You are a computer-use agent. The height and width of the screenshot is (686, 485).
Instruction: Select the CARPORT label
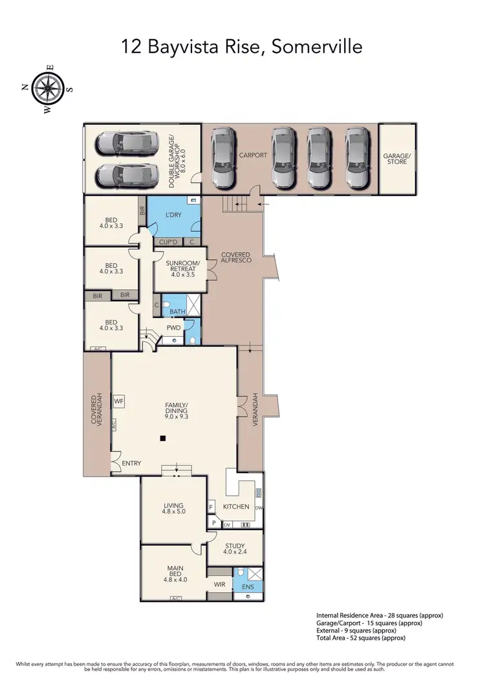click(x=252, y=156)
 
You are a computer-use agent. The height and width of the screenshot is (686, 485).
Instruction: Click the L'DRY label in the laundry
click(x=173, y=214)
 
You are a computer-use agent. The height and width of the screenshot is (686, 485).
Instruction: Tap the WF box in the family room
click(x=118, y=402)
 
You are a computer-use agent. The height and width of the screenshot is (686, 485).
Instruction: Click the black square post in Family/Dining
click(x=163, y=439)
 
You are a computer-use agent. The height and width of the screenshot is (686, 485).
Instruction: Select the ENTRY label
click(x=131, y=464)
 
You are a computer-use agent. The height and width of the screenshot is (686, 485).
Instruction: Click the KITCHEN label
click(x=236, y=506)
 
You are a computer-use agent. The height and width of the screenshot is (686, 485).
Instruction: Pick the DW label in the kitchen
click(x=259, y=508)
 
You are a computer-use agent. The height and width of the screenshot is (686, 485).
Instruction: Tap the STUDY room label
click(x=235, y=548)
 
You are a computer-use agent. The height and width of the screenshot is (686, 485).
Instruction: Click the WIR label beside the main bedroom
click(x=219, y=584)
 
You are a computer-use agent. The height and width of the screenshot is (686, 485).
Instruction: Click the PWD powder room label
click(x=173, y=327)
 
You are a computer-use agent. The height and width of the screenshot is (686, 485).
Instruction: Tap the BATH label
click(x=177, y=312)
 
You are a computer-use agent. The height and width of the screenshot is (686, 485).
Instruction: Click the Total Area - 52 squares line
click(x=361, y=638)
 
